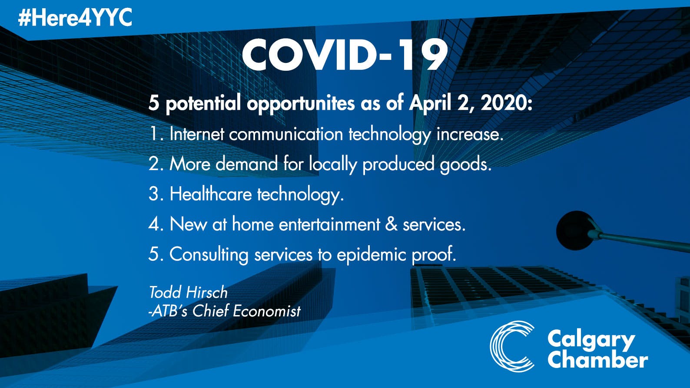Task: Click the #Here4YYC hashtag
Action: (x=75, y=17)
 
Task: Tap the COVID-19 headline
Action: (x=345, y=56)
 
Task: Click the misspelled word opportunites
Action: (x=301, y=103)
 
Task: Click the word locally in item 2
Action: (x=333, y=164)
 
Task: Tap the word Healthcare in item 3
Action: (x=211, y=194)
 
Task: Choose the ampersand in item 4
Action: (x=391, y=224)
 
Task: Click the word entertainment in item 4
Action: (x=329, y=224)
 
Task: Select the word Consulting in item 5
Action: (x=209, y=254)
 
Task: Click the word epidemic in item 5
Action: (x=371, y=254)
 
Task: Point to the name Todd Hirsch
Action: (x=188, y=292)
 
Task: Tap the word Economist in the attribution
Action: (x=267, y=310)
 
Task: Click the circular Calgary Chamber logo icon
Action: (x=512, y=346)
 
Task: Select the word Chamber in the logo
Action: (x=597, y=359)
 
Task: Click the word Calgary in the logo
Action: (x=591, y=341)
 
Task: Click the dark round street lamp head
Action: (x=575, y=230)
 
